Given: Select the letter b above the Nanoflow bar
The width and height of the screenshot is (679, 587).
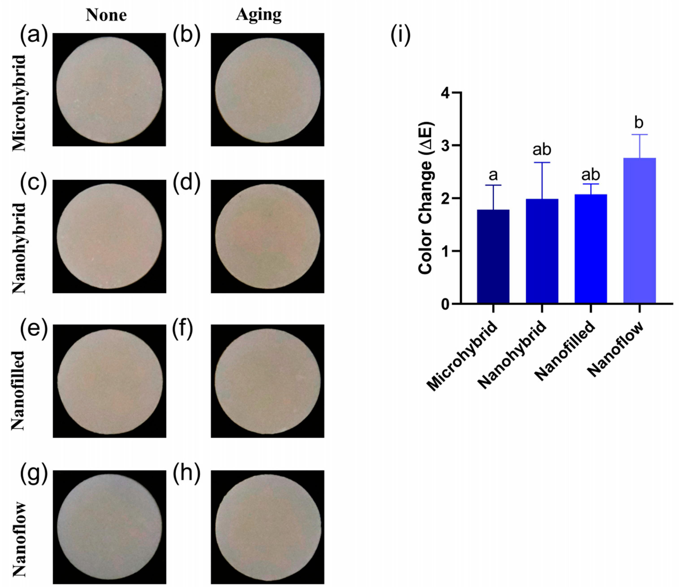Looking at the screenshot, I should click(x=639, y=123).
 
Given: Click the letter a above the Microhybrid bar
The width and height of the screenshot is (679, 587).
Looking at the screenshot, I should click(x=493, y=175).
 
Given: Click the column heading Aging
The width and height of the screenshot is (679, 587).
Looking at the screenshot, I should click(x=259, y=15).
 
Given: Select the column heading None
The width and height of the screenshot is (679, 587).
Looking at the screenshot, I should click(x=106, y=15).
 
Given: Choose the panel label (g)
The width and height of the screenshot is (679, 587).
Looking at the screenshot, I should click(x=34, y=473).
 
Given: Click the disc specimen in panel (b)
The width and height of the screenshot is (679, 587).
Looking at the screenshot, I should click(x=267, y=90).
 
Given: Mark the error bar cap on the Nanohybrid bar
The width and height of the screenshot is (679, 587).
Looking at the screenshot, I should click(x=542, y=162).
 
